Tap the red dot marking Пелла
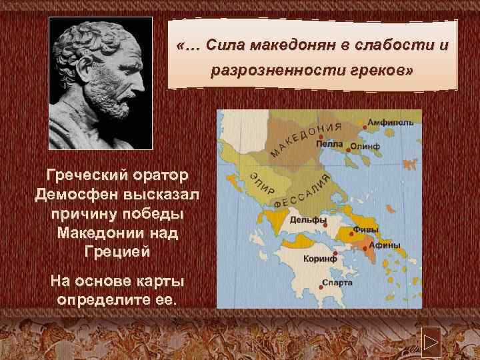pos(321,137)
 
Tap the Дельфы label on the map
pos(308,220)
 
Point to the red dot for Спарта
pos(319,283)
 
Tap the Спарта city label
pos(337,283)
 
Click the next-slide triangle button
pos(430,345)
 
